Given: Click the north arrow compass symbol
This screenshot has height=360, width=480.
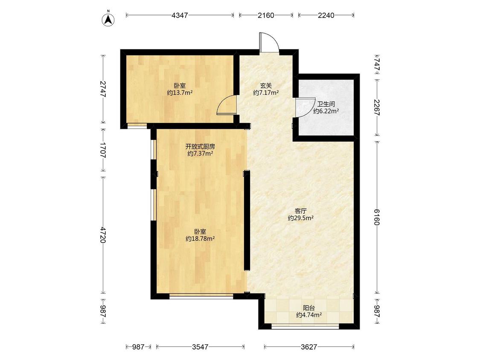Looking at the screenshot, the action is click(x=108, y=18).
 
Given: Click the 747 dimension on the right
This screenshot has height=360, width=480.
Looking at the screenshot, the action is click(x=377, y=64).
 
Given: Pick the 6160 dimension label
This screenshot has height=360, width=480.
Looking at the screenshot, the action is click(x=377, y=217).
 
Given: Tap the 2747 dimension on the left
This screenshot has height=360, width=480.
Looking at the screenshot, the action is click(x=103, y=89).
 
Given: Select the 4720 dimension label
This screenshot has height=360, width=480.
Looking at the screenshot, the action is click(x=103, y=235).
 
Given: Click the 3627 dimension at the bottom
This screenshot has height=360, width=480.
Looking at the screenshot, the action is click(x=309, y=347).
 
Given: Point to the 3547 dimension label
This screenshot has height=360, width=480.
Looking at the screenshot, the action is click(x=200, y=347).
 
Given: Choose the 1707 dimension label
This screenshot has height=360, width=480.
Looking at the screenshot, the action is click(x=103, y=150).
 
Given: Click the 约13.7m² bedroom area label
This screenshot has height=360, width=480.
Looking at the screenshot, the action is click(x=180, y=93).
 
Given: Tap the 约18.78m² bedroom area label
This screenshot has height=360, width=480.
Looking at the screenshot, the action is click(x=200, y=239).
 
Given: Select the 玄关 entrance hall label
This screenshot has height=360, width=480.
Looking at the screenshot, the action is click(x=266, y=86).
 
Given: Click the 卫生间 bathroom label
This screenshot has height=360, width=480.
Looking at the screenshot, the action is click(x=326, y=104).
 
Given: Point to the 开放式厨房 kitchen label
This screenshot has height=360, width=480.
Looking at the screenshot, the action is click(x=200, y=147).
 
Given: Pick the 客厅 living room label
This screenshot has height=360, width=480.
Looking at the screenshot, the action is click(x=301, y=211).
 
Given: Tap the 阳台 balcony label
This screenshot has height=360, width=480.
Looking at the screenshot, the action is click(x=309, y=308).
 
